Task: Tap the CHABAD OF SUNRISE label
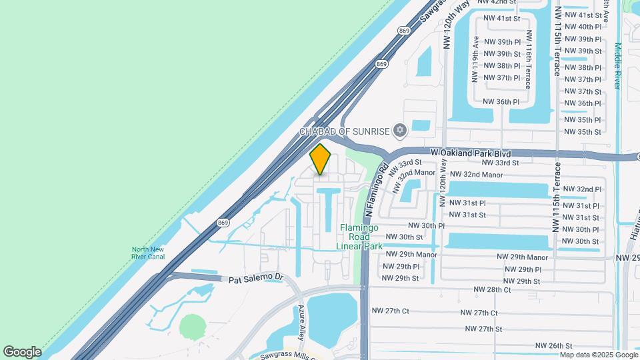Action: pyautogui.click(x=343, y=131)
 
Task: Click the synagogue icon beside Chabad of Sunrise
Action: pyautogui.click(x=399, y=130)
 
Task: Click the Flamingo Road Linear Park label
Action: pyautogui.click(x=360, y=237)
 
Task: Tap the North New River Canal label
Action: pyautogui.click(x=149, y=254)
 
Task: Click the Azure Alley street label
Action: pyautogui.click(x=302, y=321)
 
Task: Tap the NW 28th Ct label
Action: pyautogui.click(x=492, y=289)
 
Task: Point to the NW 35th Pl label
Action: pyautogui.click(x=583, y=120)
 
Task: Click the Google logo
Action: pyautogui.click(x=22, y=351)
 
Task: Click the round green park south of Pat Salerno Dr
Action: pyautogui.click(x=192, y=327)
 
